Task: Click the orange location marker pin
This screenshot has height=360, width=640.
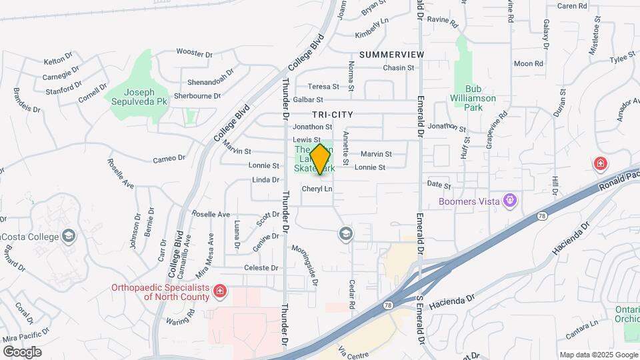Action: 320,159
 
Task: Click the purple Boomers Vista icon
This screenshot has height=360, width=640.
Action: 511,199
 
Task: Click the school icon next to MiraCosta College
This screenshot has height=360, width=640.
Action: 68,235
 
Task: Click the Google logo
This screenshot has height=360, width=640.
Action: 22,351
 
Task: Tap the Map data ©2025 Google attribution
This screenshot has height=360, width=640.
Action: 598,355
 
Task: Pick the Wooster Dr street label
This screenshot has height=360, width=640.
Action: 194,53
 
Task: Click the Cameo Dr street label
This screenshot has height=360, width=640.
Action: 169,158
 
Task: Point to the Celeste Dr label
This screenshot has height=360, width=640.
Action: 261,268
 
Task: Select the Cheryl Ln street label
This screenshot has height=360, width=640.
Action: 317,189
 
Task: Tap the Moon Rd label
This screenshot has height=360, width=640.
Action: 529,64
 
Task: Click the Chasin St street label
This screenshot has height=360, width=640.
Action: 398,68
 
